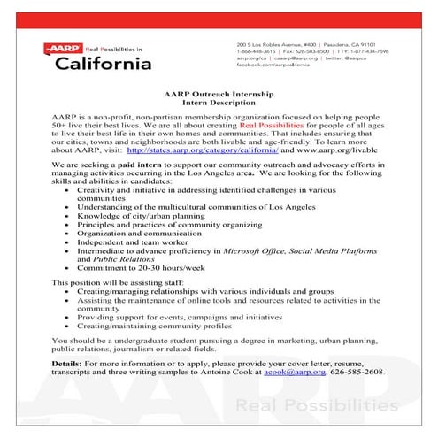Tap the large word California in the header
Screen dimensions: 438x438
103,64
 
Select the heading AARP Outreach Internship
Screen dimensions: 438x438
218,94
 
